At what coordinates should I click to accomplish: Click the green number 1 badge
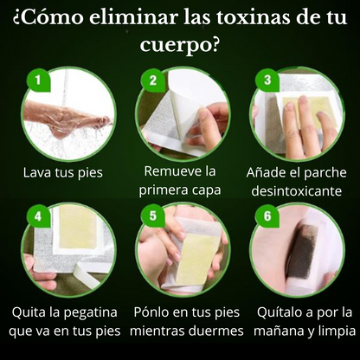(x=36, y=80)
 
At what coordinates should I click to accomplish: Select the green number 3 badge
(x=267, y=80)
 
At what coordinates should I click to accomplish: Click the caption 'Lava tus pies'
(x=63, y=172)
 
